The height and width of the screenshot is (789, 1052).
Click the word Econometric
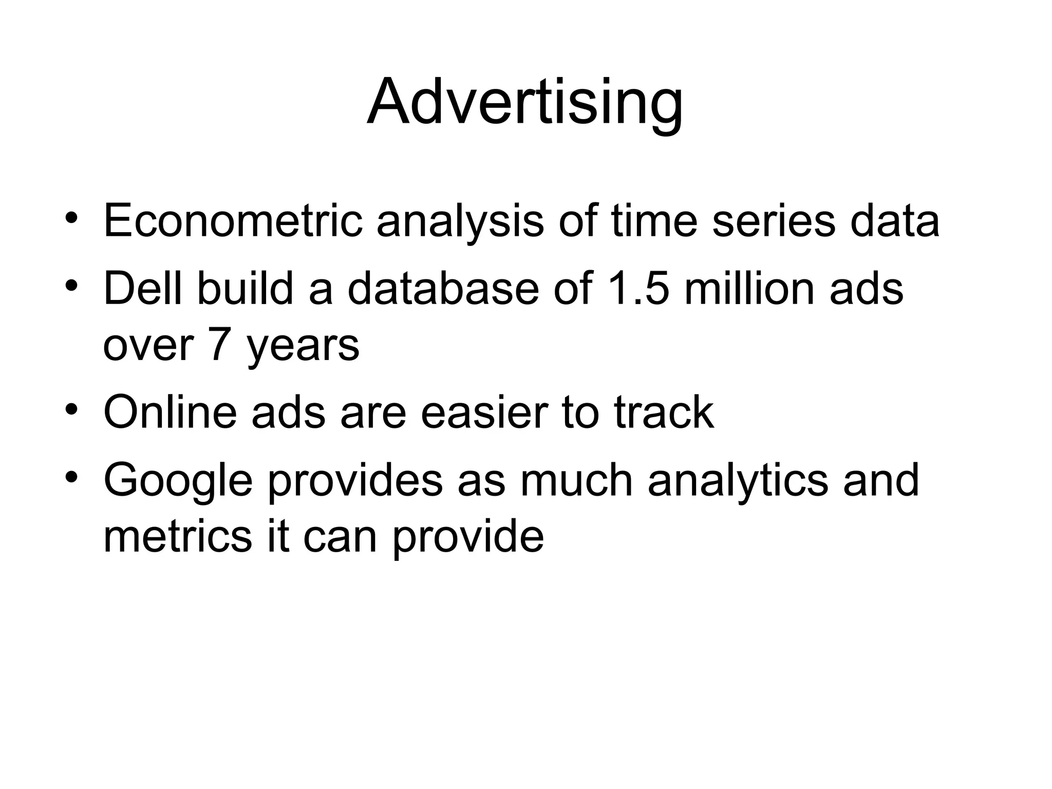click(x=233, y=221)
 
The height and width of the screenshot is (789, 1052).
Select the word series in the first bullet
click(x=774, y=221)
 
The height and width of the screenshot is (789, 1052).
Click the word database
click(x=443, y=288)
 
